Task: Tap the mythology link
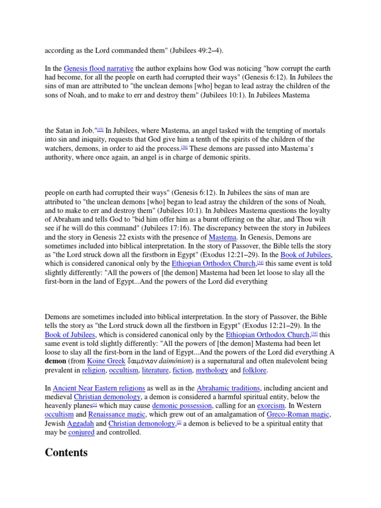(212, 370)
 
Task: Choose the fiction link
(182, 370)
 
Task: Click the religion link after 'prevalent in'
(94, 370)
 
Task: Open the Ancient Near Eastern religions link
(99, 388)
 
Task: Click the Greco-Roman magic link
(298, 415)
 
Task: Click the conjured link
(81, 433)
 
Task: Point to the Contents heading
(66, 452)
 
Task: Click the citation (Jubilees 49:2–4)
(190, 51)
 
